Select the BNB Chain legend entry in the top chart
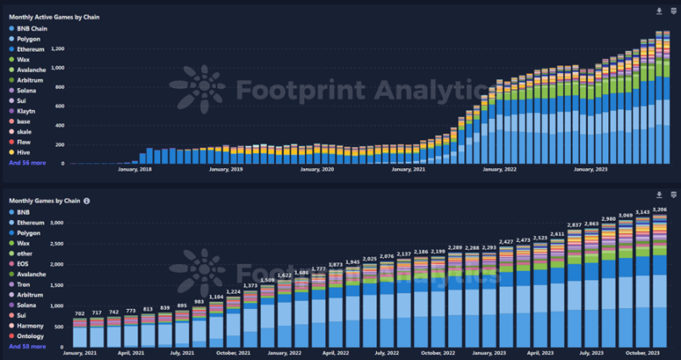tap(33, 28)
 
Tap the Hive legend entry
tap(24, 151)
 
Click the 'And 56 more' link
tap(27, 162)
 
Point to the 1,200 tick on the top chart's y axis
tap(57, 49)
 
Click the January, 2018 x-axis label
tap(134, 169)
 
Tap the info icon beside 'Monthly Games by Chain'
tap(87, 201)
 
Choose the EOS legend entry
tap(23, 264)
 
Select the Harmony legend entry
tap(31, 325)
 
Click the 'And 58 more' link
tap(27, 346)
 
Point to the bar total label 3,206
tap(659, 210)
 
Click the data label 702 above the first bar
tap(79, 313)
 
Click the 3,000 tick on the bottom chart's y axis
tap(57, 222)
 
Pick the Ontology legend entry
tap(31, 336)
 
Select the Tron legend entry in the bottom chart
tap(24, 284)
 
